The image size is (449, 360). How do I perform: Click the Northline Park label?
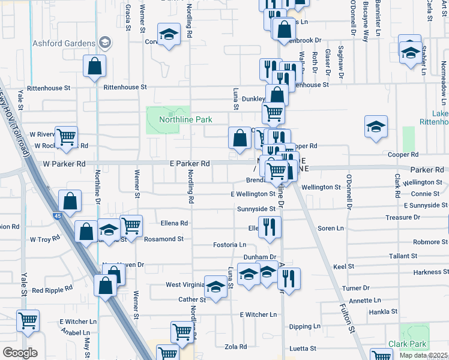tap(185, 119)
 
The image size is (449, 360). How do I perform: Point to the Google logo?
tap(20, 353)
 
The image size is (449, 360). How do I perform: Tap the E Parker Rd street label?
tap(188, 163)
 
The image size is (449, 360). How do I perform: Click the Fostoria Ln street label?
tap(230, 245)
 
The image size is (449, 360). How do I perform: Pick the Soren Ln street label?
tap(330, 229)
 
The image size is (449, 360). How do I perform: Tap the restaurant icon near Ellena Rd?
tap(270, 227)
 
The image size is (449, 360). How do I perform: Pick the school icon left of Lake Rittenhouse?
tap(376, 127)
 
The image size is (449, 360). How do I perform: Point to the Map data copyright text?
tap(423, 356)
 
